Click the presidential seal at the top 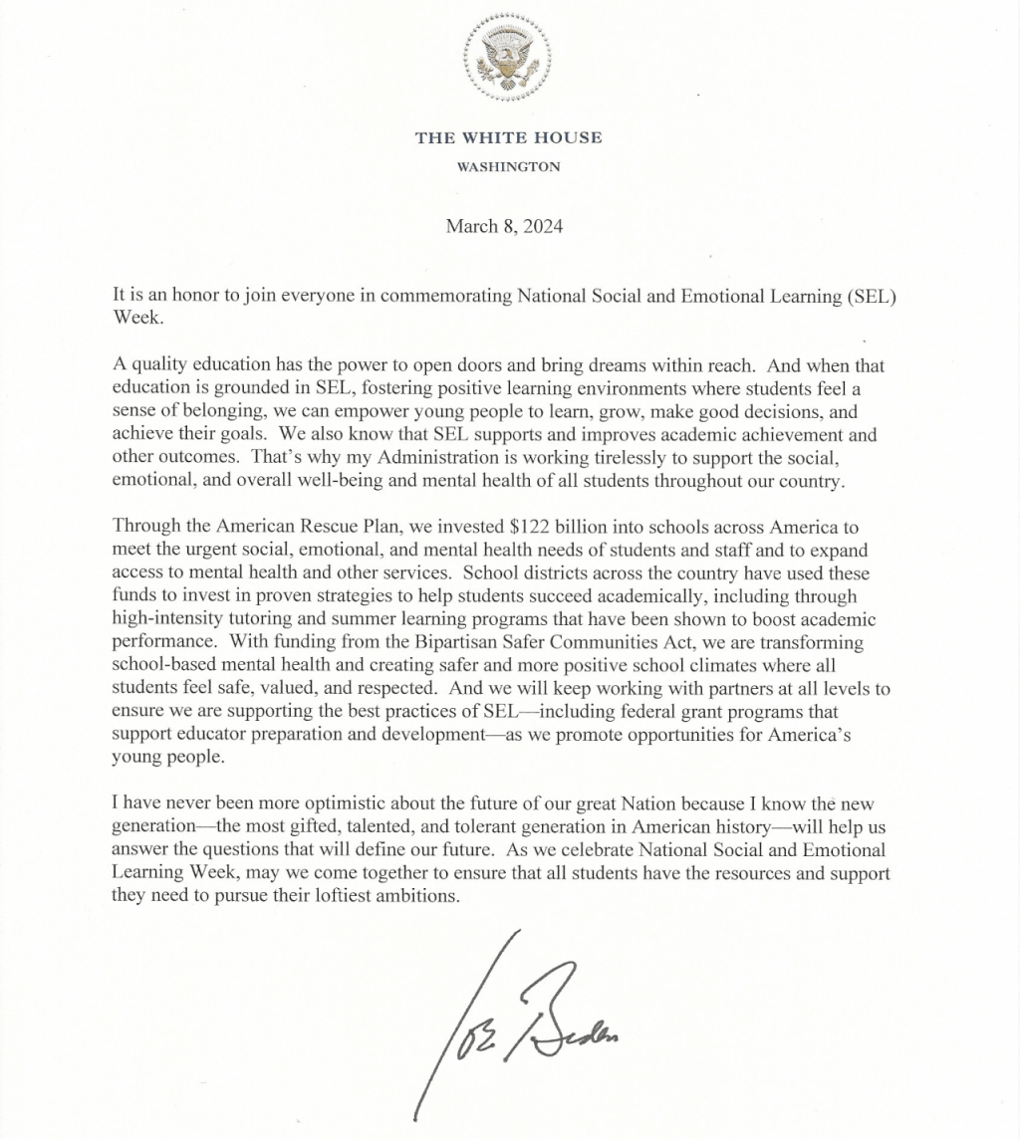[x=509, y=58]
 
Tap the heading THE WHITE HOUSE [x=509, y=137]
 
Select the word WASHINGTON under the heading [x=508, y=167]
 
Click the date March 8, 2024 [x=504, y=226]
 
